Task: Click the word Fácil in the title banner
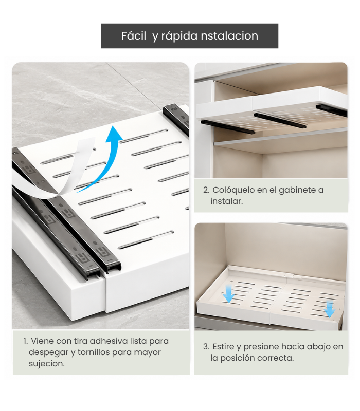pyautogui.click(x=134, y=35)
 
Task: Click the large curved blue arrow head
pyautogui.click(x=114, y=134)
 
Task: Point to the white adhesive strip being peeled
pyautogui.click(x=60, y=171)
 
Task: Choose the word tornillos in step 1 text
pyautogui.click(x=94, y=352)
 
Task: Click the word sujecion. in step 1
pyautogui.click(x=47, y=364)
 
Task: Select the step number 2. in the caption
pyautogui.click(x=206, y=190)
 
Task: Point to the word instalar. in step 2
pyautogui.click(x=226, y=201)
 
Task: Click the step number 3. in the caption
pyautogui.click(x=206, y=346)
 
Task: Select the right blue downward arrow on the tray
pyautogui.click(x=329, y=309)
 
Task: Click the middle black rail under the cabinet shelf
pyautogui.click(x=280, y=121)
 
